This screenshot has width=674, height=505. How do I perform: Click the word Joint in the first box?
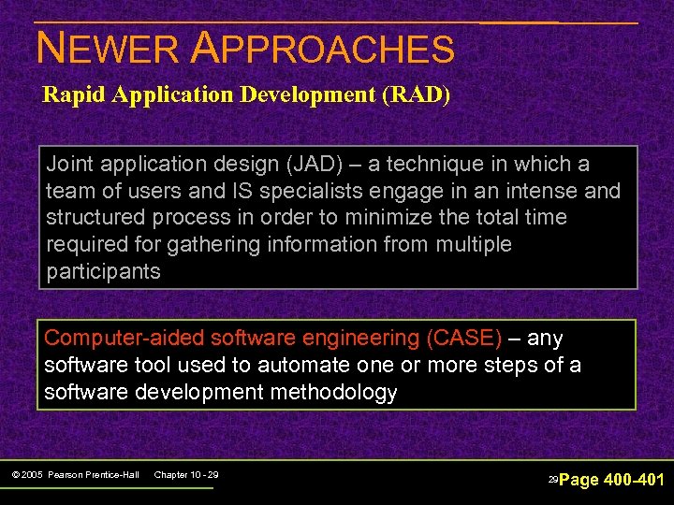(71, 165)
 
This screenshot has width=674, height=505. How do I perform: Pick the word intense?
(529, 192)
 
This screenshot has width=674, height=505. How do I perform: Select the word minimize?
(397, 218)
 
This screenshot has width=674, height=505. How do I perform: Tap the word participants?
(104, 272)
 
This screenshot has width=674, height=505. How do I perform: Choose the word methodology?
(334, 392)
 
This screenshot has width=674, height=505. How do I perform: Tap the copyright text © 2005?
(29, 476)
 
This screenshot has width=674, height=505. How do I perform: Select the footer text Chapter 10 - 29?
(185, 476)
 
